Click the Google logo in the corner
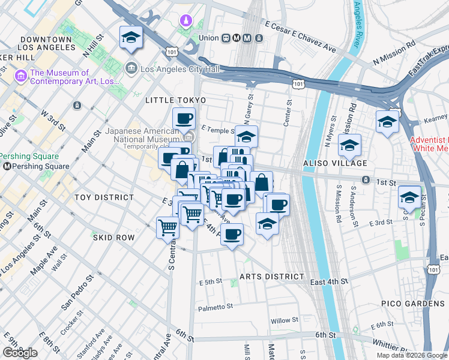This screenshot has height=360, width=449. [x=20, y=353]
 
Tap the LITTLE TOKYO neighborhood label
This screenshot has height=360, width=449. [x=175, y=100]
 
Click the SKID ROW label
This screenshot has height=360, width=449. [x=113, y=238]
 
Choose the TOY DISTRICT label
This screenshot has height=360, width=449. [x=104, y=197]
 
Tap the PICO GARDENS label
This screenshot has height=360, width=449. [x=413, y=304]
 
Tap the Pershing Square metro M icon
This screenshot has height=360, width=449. [x=7, y=166]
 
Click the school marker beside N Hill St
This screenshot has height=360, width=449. [x=131, y=38]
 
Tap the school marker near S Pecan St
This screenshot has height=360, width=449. [x=409, y=197]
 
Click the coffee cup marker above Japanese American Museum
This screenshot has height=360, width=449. [x=184, y=119]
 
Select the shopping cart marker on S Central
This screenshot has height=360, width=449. [x=167, y=227]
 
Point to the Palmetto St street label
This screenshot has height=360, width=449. [x=215, y=307]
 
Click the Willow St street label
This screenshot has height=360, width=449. [x=284, y=320]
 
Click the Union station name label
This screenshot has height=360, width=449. [x=208, y=38]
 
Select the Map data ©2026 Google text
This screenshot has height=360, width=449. [x=411, y=355]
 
